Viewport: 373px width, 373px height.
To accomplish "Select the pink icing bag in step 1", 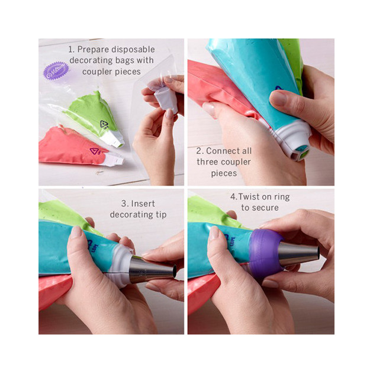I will (x=65, y=148).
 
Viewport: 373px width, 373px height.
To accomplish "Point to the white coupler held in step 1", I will (x=166, y=98).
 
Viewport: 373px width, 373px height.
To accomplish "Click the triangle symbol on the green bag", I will (x=105, y=124).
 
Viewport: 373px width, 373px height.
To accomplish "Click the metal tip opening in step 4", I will (x=316, y=253).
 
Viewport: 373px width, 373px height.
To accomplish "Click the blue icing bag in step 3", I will (x=65, y=249).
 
